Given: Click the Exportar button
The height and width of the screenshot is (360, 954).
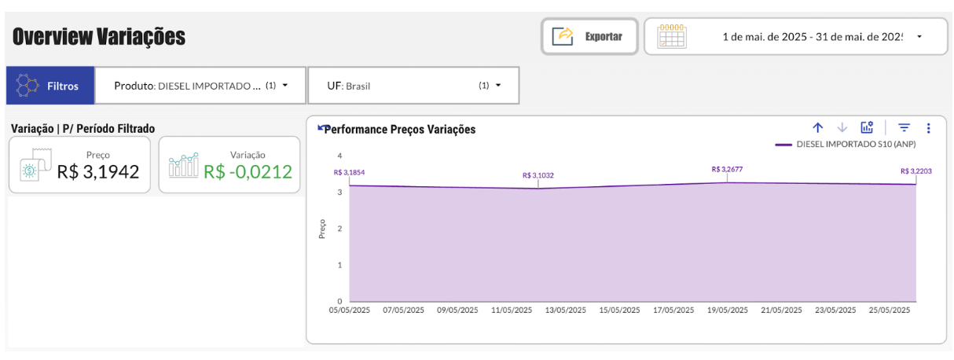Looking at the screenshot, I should click(589, 36).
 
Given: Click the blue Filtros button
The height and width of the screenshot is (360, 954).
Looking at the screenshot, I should click(50, 86).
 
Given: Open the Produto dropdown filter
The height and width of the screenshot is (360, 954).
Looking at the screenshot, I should click(201, 86).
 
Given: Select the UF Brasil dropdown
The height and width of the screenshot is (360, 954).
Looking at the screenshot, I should click(413, 86).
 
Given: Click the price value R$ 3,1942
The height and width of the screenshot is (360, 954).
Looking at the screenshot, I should click(98, 171).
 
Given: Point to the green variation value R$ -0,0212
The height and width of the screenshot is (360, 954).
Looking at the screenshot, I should click(248, 171).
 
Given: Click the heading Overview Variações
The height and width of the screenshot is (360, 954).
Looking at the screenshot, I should click(99, 36).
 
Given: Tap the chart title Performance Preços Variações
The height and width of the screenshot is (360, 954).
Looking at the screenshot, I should click(399, 130).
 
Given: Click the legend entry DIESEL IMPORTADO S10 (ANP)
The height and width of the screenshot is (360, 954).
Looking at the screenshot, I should click(856, 145).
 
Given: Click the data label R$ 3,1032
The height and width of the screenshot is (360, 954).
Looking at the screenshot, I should click(538, 175).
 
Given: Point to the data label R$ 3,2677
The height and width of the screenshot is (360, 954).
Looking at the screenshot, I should click(727, 169).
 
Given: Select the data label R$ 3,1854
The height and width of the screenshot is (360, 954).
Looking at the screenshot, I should click(350, 172).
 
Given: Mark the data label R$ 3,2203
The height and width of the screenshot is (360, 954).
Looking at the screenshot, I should click(916, 171).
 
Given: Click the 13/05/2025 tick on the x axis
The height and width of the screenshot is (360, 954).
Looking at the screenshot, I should click(565, 310).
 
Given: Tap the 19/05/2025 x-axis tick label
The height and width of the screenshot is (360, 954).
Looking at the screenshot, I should click(727, 310).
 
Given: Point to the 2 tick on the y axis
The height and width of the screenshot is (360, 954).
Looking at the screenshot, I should click(339, 229).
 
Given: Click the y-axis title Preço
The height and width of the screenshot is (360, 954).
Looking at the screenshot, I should click(322, 229).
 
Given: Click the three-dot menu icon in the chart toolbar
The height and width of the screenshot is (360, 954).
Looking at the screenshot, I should click(928, 128).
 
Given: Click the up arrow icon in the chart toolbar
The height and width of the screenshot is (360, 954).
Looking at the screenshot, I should click(817, 128).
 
